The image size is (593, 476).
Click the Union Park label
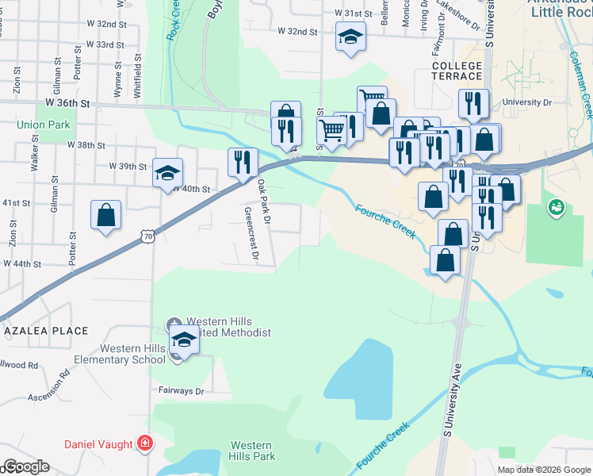tap(44, 125)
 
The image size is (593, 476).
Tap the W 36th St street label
tap(68, 103)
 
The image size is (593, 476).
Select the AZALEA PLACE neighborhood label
tap(45, 329)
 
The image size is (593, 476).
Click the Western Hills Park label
tap(252, 451)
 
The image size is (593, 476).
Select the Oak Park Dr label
tap(265, 200)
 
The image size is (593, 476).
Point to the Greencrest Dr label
tap(252, 234)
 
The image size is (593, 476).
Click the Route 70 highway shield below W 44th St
tap(148, 236)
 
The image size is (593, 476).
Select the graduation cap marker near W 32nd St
tap(350, 36)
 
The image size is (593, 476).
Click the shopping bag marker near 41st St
tap(106, 215)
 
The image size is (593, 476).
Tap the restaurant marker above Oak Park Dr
tap(243, 161)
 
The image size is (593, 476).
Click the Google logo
tap(27, 467)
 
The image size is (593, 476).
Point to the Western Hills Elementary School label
tap(132, 355)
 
